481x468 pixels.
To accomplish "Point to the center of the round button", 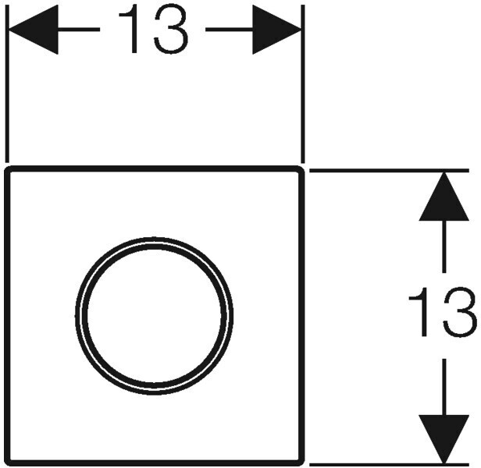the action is (154, 316).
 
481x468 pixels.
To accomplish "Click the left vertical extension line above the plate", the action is (7, 94).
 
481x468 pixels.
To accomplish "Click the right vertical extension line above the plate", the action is (302, 94).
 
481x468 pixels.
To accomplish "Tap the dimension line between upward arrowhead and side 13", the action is (444, 250).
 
